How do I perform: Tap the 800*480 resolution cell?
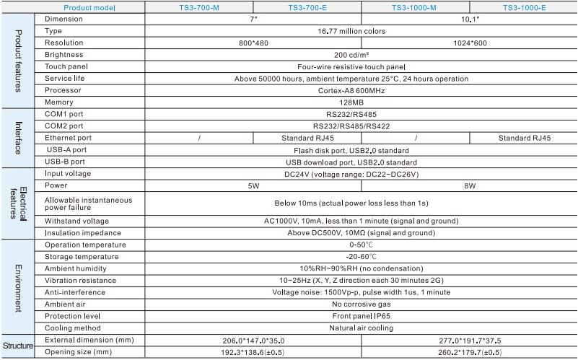pos(253,43)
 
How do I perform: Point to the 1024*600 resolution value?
pos(469,43)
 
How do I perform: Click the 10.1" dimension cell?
pos(469,19)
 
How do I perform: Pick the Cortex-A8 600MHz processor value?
pos(361,90)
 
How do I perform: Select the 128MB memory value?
pos(361,102)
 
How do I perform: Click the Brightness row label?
pos(64,55)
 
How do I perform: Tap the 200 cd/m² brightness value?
pos(361,55)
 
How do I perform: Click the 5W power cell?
pos(253,185)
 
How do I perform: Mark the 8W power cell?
pos(469,185)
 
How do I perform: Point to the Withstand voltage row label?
pos(76,221)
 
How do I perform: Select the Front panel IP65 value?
pos(361,316)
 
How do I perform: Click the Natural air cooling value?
pos(361,328)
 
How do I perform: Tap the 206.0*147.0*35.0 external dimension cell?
pos(253,340)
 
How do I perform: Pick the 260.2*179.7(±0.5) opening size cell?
pos(469,352)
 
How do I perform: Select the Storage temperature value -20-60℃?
pos(361,256)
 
